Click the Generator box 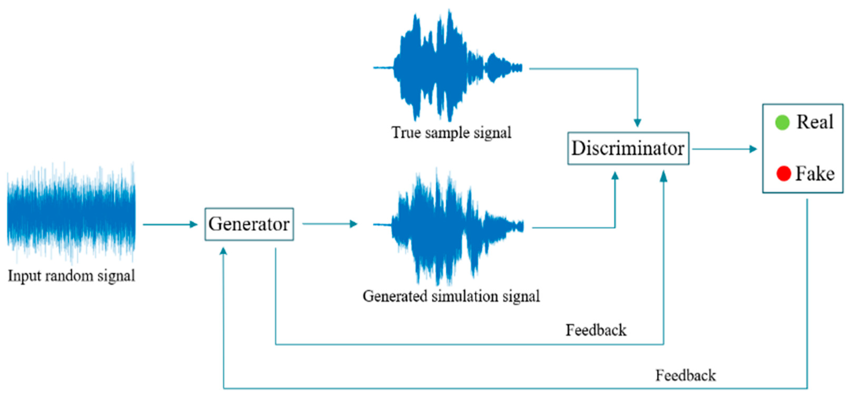click(249, 224)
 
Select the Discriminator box click(628, 148)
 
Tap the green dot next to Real click(782, 123)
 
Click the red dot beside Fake click(783, 174)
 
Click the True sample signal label click(451, 133)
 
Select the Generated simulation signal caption click(451, 296)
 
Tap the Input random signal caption click(71, 276)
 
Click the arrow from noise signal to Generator click(170, 224)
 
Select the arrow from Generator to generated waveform click(329, 224)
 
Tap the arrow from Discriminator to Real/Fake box click(724, 149)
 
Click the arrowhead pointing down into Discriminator click(637, 123)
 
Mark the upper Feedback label click(596, 330)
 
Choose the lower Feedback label click(685, 375)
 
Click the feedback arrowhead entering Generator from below click(224, 252)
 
